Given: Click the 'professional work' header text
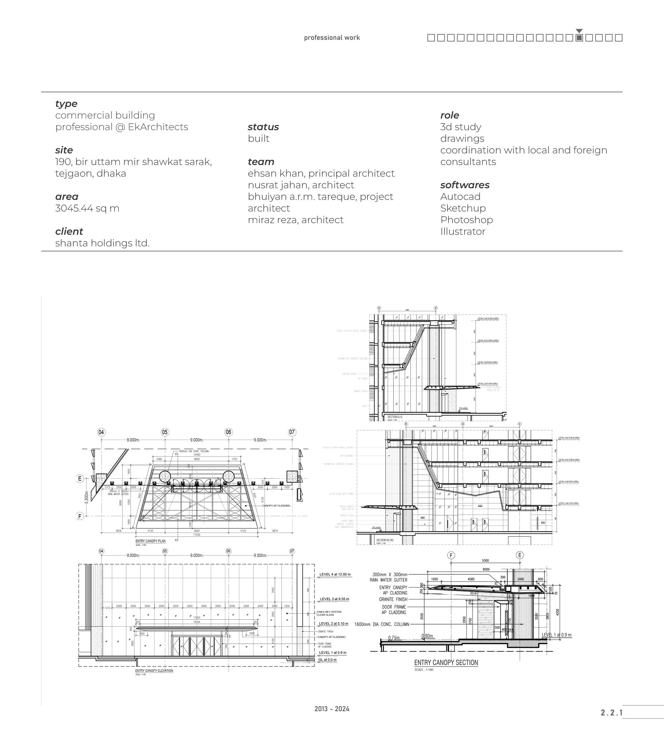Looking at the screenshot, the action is tap(332, 38).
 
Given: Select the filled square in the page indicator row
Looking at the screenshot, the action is tap(579, 38).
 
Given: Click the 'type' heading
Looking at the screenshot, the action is tap(66, 104).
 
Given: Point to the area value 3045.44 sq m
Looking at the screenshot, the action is tap(87, 208).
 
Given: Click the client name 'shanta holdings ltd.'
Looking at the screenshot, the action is tap(102, 243).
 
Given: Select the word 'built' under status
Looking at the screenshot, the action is tap(258, 138).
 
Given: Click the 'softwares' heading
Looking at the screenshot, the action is tap(465, 185).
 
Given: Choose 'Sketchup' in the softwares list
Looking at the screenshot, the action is tap(463, 208).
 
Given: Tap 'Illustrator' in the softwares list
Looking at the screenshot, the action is tap(463, 231).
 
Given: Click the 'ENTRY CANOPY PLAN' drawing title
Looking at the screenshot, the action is tap(150, 541).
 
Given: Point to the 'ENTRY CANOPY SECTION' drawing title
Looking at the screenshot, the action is tap(446, 663).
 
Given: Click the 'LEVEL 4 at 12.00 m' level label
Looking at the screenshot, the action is tap(335, 574).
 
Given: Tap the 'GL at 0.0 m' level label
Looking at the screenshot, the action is tap(327, 660).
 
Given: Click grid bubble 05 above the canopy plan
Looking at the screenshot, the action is tap(165, 432).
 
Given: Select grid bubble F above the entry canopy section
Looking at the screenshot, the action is tap(451, 555).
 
